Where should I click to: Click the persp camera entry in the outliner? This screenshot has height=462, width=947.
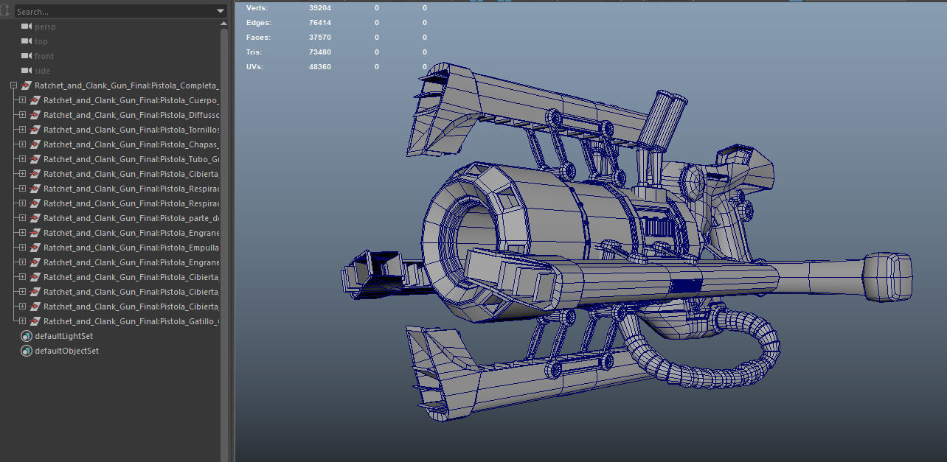45,27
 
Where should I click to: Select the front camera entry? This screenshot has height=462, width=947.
44,56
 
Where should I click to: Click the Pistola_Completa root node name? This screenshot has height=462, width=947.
125,85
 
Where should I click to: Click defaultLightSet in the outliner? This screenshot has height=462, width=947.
63,336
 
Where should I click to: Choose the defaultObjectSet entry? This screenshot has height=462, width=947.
66,351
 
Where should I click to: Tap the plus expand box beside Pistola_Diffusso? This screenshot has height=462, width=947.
22,115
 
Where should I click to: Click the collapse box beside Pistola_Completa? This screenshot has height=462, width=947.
13,85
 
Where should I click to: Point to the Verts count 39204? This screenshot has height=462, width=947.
320,8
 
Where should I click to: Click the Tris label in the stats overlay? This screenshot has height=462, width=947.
254,52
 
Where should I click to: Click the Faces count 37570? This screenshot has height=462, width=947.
320,38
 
